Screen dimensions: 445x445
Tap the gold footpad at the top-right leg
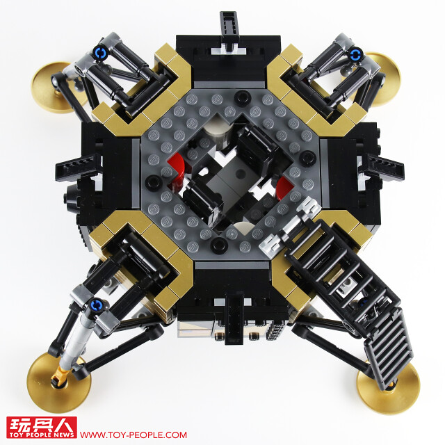click(x=383, y=79)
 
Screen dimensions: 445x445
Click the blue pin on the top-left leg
click(x=101, y=53)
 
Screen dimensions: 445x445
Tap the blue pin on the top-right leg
click(x=355, y=54)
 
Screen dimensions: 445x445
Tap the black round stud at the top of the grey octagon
click(x=243, y=97)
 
